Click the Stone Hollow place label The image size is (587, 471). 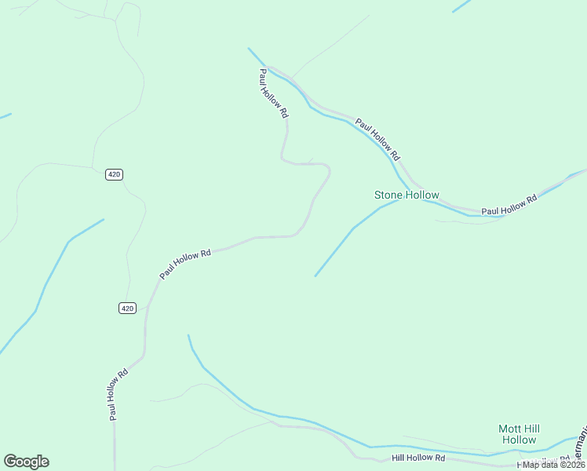(x=407, y=195)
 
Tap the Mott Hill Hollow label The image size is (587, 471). (x=519, y=434)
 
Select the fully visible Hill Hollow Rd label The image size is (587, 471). (x=418, y=458)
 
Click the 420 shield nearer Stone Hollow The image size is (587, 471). (x=114, y=174)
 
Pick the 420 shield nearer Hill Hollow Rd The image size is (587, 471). (x=128, y=308)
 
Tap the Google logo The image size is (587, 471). (x=26, y=462)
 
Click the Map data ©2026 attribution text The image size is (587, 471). (x=553, y=465)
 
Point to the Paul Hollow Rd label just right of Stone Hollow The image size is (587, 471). (x=509, y=205)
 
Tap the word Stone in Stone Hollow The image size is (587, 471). (x=388, y=195)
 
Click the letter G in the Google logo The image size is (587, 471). (x=10, y=462)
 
